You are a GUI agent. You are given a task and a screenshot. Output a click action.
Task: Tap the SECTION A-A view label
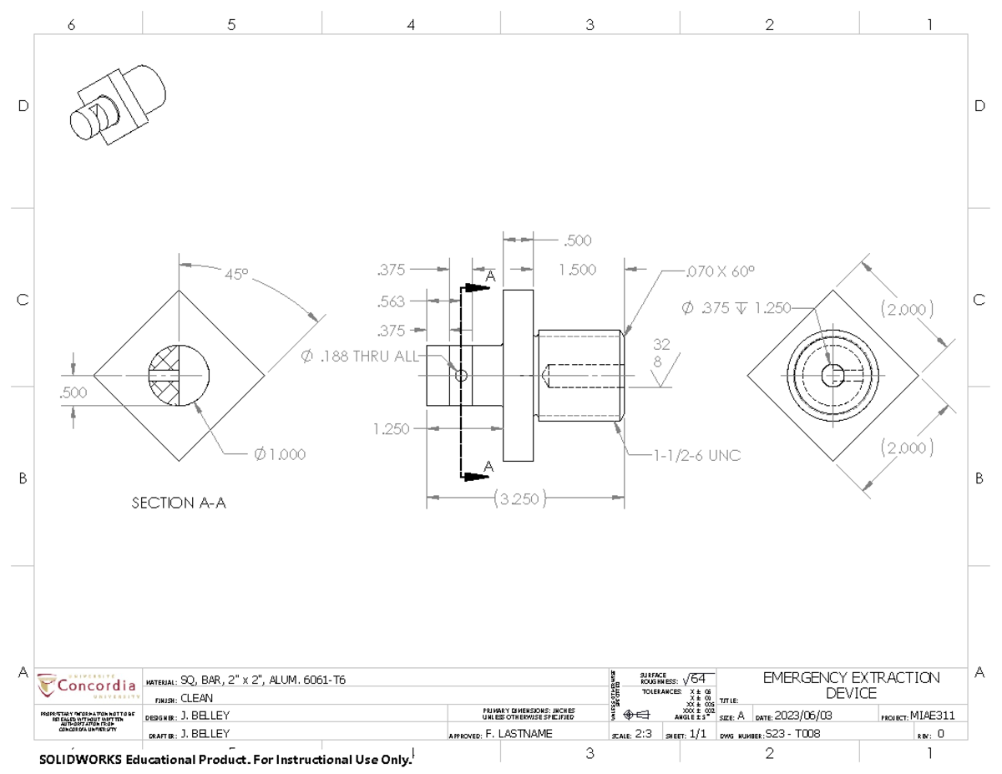point(179,503)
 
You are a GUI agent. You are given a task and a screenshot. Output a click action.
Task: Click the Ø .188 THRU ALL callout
point(360,357)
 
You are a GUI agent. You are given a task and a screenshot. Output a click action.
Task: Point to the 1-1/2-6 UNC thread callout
point(698,455)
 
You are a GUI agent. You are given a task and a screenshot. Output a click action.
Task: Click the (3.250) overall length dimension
point(519,499)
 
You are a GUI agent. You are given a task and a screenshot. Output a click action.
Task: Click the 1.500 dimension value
point(577,270)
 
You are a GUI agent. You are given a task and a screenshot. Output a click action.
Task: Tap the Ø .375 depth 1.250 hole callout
point(735,307)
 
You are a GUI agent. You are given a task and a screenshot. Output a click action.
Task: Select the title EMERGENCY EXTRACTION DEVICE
point(851,685)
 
